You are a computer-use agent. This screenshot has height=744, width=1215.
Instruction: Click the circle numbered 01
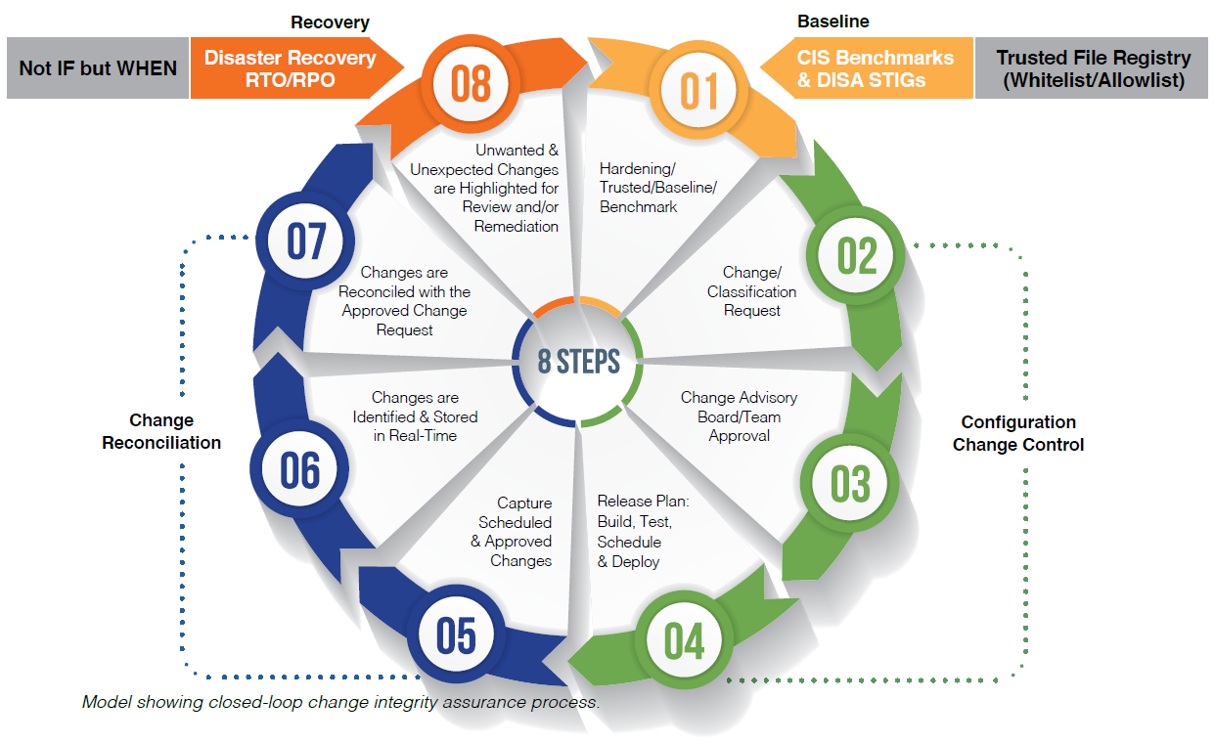[x=698, y=90]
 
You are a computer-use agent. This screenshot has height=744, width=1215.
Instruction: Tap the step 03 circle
[x=849, y=483]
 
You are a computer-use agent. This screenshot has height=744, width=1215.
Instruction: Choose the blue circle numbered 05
[x=456, y=635]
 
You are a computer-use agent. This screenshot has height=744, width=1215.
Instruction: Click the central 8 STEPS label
[x=578, y=362]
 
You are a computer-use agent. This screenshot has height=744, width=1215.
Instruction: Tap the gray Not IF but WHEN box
[x=98, y=68]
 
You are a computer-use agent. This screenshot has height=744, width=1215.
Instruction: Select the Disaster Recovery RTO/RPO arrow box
[x=290, y=68]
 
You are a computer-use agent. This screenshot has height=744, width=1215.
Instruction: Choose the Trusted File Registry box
[x=1093, y=68]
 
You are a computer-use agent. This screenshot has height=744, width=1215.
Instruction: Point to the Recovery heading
[x=330, y=22]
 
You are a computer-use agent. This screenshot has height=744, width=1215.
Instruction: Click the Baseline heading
[x=832, y=22]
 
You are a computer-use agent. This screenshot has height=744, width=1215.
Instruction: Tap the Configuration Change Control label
[x=1018, y=433]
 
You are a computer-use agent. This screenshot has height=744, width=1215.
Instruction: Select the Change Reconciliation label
[x=161, y=431]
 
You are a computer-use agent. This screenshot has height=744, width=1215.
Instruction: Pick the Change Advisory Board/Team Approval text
[x=739, y=416]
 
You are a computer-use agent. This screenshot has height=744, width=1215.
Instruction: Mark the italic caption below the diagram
[x=339, y=702]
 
